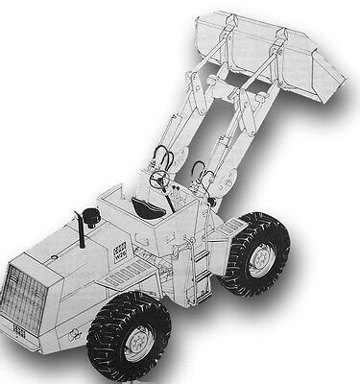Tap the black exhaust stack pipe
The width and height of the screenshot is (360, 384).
tap(81, 230)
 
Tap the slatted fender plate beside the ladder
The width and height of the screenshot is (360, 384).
tap(230, 230)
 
